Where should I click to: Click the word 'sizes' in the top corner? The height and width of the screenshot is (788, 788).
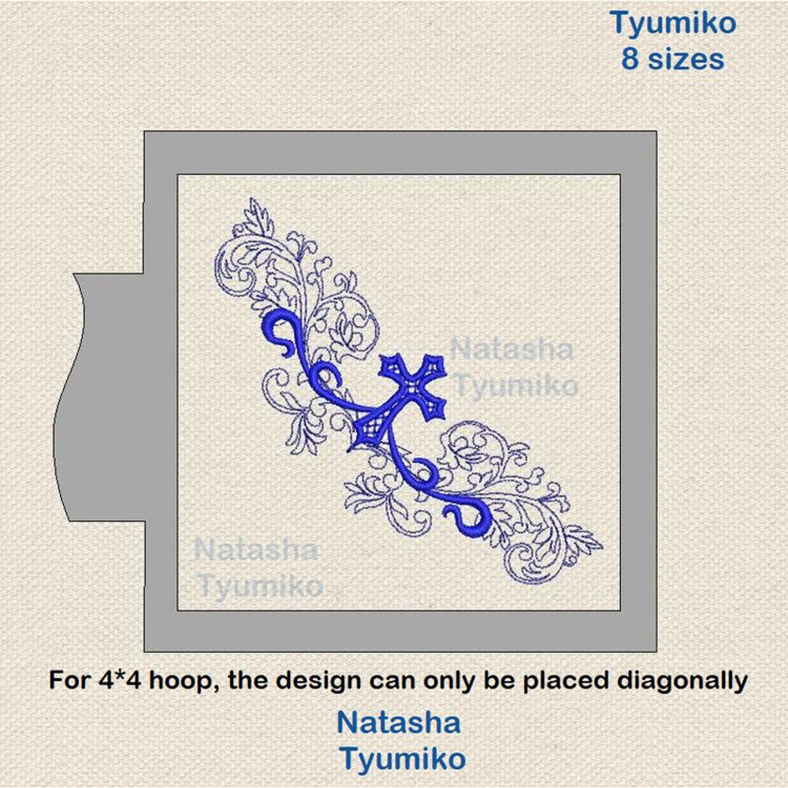point(686,59)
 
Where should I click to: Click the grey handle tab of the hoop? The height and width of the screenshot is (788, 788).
point(101,397)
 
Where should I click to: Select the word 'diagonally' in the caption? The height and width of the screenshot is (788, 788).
point(682,682)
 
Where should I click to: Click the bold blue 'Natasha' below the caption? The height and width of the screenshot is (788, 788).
point(399,723)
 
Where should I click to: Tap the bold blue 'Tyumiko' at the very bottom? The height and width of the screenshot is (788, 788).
point(402,759)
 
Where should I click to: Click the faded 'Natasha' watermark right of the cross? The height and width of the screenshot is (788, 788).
point(511,349)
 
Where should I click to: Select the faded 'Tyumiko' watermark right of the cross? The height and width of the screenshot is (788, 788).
point(517,386)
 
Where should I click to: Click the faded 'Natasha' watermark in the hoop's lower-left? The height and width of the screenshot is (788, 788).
point(255,549)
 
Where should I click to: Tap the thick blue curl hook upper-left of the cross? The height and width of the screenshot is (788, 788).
point(281,332)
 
